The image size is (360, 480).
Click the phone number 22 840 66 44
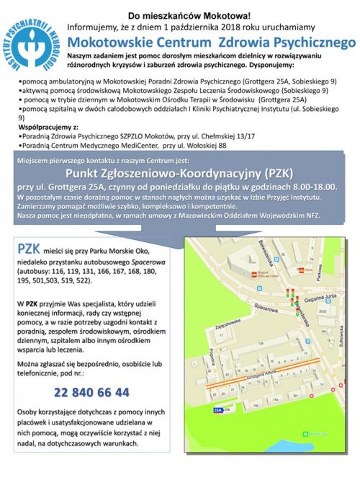coord(91,393)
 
